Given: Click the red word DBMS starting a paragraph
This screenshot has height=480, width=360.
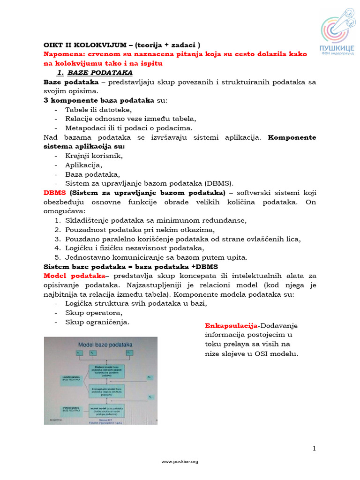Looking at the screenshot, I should (55, 193).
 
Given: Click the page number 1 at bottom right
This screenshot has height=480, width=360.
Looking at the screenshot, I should (314, 449).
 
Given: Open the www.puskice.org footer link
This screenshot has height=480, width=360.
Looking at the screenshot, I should (180, 462).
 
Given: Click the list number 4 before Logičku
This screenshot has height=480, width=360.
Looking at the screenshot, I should (57, 248).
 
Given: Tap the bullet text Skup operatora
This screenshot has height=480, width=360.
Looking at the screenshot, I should (94, 313).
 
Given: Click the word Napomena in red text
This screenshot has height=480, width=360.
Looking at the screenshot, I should (61, 54).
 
